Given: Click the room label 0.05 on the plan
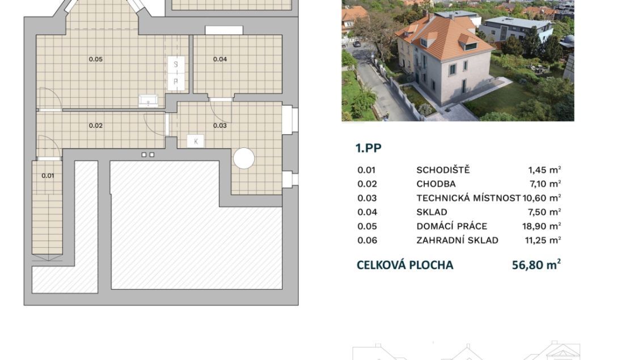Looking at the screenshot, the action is [96, 59].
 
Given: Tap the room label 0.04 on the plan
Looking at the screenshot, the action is [220, 59].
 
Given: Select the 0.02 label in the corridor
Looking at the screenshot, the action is [96, 125].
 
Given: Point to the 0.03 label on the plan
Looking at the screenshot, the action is [220, 125].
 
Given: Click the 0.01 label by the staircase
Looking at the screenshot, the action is [48, 176].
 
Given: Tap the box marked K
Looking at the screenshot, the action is [196, 141].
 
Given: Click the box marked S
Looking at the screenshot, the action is [176, 65].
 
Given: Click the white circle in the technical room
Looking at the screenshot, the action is [244, 158].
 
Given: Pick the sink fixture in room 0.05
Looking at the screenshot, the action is [148, 101].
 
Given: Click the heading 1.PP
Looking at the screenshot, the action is [369, 148].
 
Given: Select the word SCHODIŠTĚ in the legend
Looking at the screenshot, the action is [443, 170].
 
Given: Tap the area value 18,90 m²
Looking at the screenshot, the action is [542, 226].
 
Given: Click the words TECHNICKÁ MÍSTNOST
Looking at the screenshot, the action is [468, 198].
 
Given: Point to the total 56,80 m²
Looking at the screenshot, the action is [536, 265].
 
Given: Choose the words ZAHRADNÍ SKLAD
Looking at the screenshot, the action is [457, 240].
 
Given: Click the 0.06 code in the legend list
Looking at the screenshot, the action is [367, 240].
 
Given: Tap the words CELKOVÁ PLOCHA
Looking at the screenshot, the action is [405, 265].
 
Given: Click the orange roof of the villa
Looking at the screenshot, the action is [446, 37].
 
